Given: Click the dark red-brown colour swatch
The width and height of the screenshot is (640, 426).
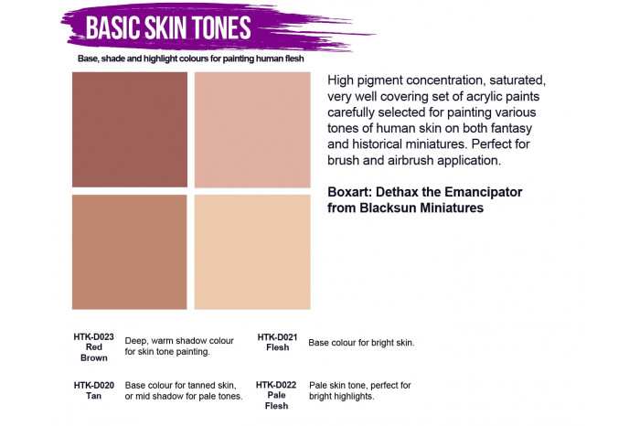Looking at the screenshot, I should pos(130,130).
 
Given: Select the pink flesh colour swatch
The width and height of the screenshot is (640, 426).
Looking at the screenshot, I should pos(252,130).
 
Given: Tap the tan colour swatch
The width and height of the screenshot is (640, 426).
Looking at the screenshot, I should pos(130,251).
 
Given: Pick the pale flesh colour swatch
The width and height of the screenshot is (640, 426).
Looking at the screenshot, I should pos(252,251).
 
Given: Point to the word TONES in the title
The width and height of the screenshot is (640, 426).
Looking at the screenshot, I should pos(219,27).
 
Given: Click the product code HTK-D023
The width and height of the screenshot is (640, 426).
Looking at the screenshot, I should pos(94,336).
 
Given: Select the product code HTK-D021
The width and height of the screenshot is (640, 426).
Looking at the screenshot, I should pos(278,336).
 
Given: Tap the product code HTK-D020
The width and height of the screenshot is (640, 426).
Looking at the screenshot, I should pos(94,385).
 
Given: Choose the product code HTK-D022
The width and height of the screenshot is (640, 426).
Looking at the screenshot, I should pos(276,385).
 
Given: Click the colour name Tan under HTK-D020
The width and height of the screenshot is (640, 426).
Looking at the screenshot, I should pos(94,397).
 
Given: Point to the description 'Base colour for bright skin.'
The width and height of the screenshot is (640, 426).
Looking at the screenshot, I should pos(362,343).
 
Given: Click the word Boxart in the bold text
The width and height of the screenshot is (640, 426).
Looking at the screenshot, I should pos(352,191).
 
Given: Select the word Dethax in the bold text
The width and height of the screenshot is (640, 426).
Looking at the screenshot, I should pos(409,191).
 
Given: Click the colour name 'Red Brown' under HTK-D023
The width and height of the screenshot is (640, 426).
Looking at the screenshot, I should pos(94,353).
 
